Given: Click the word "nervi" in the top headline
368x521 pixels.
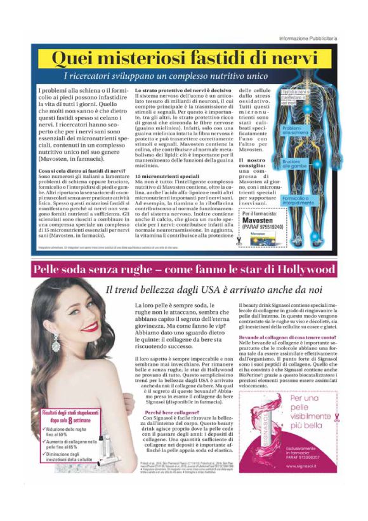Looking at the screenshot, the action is tap(289, 58).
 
